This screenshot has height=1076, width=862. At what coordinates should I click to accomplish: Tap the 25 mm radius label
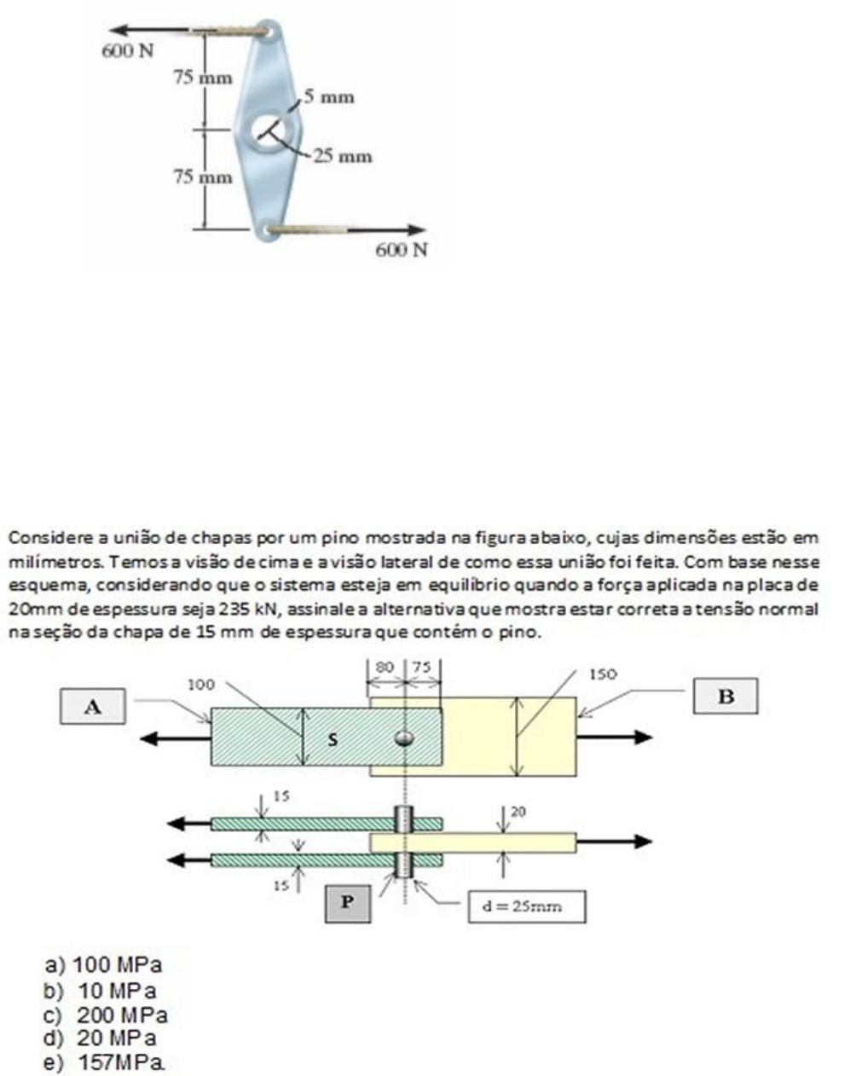pyautogui.click(x=343, y=156)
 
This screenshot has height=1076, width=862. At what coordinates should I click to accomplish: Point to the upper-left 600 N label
pyautogui.click(x=128, y=51)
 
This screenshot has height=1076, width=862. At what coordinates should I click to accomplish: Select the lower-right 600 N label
pyautogui.click(x=402, y=249)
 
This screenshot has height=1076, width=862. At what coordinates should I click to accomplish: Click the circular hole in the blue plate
pyautogui.click(x=273, y=130)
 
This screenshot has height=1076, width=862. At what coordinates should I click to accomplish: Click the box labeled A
pyautogui.click(x=93, y=706)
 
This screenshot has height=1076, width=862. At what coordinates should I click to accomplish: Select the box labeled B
pyautogui.click(x=726, y=696)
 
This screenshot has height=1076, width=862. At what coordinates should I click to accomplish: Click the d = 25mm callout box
pyautogui.click(x=526, y=906)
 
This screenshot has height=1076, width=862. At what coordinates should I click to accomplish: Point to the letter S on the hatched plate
pyautogui.click(x=333, y=739)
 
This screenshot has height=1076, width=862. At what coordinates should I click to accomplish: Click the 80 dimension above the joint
pyautogui.click(x=385, y=667)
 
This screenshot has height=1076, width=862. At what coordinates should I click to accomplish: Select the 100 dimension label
pyautogui.click(x=201, y=684)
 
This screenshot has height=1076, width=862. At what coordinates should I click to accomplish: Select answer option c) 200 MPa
pyautogui.click(x=107, y=1015)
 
